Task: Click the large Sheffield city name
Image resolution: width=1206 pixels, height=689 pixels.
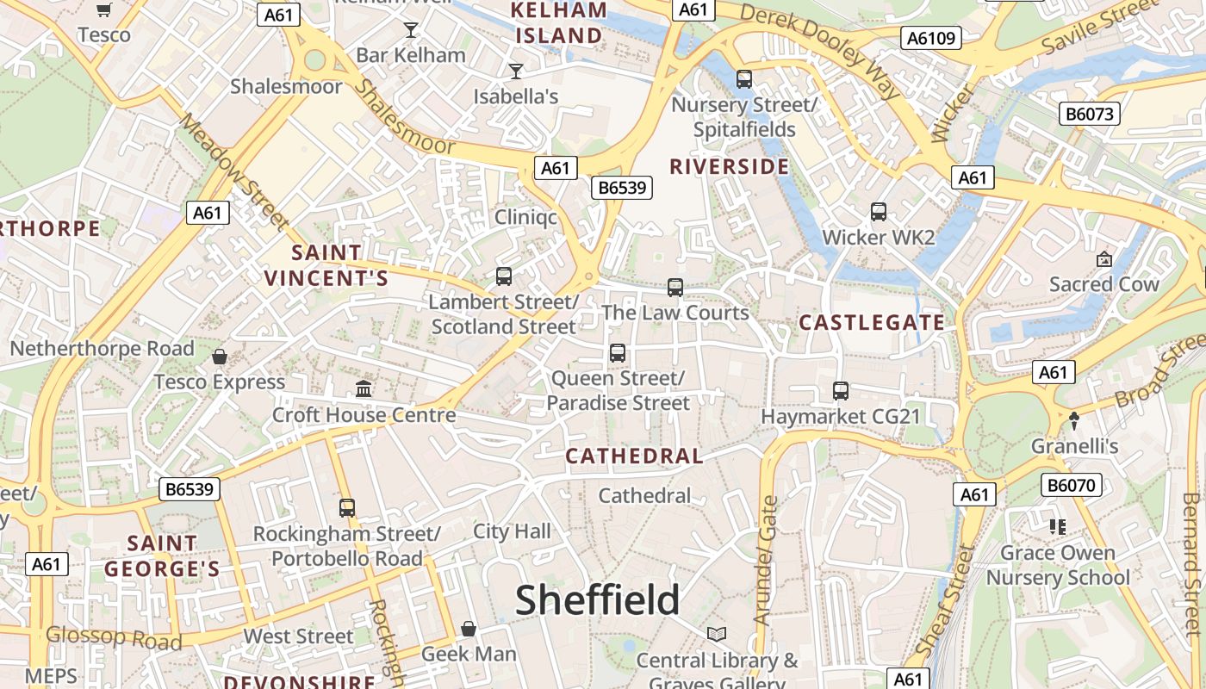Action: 597,599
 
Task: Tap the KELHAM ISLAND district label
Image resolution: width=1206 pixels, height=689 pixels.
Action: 558,23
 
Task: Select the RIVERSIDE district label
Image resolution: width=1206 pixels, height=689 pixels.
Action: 729,166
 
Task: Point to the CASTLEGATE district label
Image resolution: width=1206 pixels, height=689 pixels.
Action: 872,322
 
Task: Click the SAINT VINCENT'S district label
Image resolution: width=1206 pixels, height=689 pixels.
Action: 326,265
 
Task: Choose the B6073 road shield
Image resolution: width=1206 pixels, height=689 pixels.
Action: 1089,114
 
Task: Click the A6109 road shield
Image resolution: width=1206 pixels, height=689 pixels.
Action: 931,38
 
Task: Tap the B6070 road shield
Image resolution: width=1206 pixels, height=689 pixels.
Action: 1072,486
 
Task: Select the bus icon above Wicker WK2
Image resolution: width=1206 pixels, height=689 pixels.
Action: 879,212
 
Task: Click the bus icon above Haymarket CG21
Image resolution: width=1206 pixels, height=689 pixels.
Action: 841,391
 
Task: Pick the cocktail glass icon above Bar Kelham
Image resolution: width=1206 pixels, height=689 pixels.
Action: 411,30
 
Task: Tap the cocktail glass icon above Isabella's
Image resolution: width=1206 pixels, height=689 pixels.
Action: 516,71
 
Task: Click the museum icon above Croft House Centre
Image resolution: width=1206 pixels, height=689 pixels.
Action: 364,389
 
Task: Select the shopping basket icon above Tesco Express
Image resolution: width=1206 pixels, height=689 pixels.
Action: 220,357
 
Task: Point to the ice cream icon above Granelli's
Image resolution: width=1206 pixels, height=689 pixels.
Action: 1074,420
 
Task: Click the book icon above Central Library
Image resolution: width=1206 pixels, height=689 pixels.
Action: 717,635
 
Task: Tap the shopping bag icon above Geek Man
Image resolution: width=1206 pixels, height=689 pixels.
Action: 469,629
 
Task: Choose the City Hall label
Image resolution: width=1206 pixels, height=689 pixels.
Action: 512,531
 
